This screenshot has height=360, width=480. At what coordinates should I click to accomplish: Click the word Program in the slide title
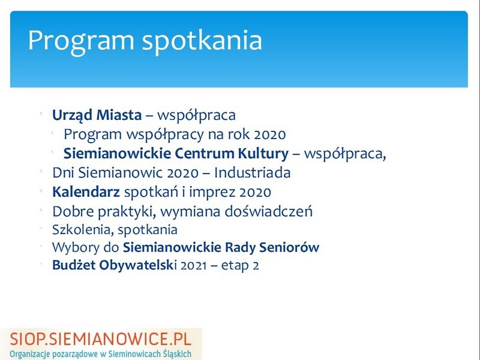pyautogui.click(x=81, y=41)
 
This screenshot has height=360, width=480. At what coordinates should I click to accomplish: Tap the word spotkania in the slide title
pyautogui.click(x=202, y=41)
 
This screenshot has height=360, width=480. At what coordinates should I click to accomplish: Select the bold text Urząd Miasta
pyautogui.click(x=97, y=115)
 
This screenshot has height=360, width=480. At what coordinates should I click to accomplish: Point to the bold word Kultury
pyautogui.click(x=263, y=154)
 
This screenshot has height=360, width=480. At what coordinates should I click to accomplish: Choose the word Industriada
pyautogui.click(x=252, y=173)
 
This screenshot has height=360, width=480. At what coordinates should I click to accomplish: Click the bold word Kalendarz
pyautogui.click(x=86, y=192)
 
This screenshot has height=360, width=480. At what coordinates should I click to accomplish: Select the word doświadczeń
pyautogui.click(x=269, y=212)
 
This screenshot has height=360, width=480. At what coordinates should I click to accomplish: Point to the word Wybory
pyautogui.click(x=76, y=248)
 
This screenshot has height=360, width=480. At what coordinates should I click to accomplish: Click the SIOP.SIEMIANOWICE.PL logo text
pyautogui.click(x=101, y=339)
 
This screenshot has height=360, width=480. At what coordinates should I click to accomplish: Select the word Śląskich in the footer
pyautogui.click(x=177, y=354)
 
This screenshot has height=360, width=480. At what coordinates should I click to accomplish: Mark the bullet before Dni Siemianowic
pyautogui.click(x=41, y=171)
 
